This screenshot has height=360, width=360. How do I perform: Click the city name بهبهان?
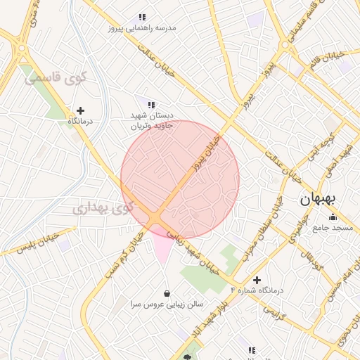(x=319, y=198)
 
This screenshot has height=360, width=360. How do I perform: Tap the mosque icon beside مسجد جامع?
(x=332, y=217)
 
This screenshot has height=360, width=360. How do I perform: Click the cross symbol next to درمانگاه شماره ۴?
(x=257, y=280)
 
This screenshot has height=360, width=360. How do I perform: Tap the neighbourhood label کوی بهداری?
(x=102, y=208)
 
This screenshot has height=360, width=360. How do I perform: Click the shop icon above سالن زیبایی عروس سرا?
(x=167, y=293)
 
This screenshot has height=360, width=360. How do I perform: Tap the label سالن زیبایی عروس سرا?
(x=167, y=304)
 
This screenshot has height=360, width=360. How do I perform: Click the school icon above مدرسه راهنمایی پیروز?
(x=142, y=17)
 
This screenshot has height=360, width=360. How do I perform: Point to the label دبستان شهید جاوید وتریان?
(x=151, y=121)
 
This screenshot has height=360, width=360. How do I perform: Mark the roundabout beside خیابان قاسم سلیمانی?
(x=288, y=44)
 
